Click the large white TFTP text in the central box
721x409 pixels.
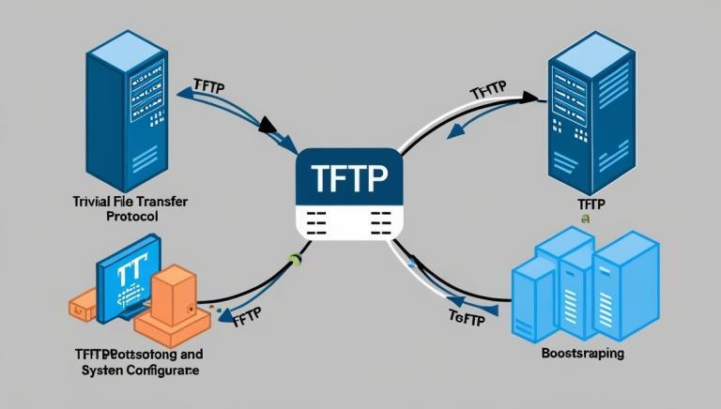coord(348,176)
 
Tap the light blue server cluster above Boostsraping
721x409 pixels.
coord(581,286)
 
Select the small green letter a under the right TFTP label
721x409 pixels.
coord(585,217)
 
